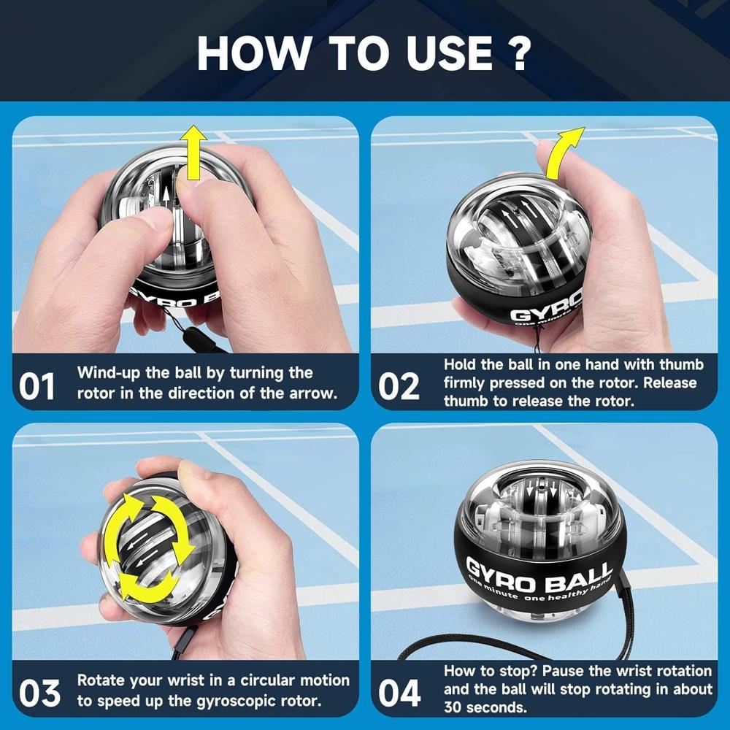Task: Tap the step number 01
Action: (x=37, y=386)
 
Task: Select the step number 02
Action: (x=399, y=386)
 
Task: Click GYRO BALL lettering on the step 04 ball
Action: (x=539, y=575)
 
